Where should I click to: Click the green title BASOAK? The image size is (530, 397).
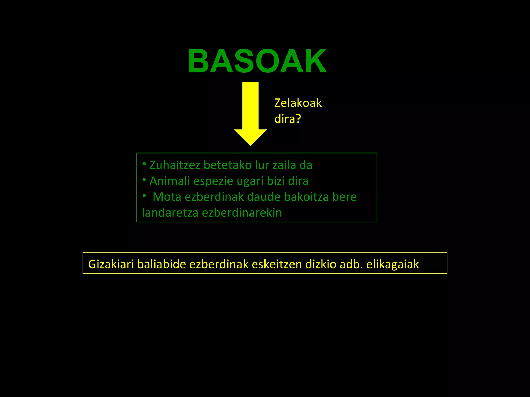257,62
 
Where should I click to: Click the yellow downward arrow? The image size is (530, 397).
250,114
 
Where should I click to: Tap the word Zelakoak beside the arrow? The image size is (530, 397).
298,103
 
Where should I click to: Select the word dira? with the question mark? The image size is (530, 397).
288,119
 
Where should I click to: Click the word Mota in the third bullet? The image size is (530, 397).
167,197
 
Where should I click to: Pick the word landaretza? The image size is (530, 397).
170,213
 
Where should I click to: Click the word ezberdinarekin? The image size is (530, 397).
242,213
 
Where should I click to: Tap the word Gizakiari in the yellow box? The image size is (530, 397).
111,264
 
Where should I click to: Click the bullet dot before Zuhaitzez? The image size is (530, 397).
144,164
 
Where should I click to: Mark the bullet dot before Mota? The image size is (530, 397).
144,196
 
